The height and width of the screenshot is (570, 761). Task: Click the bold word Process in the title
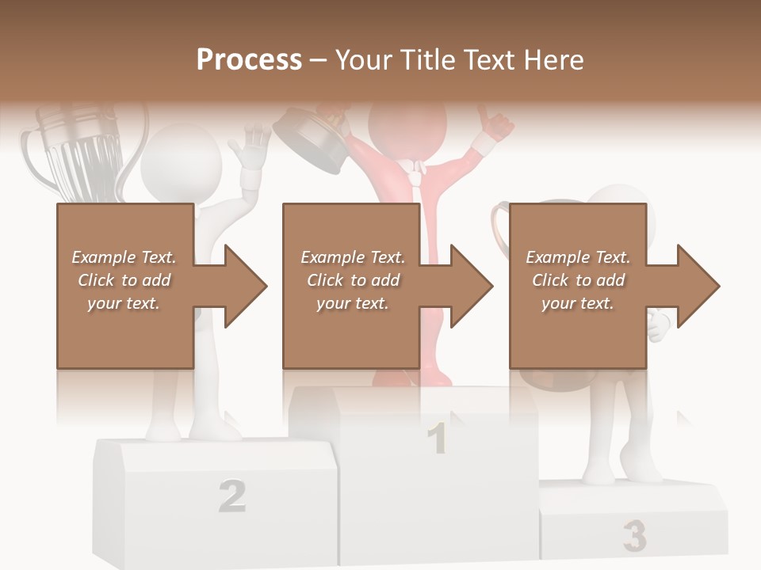coord(249,60)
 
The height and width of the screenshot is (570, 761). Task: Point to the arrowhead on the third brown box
coord(696,286)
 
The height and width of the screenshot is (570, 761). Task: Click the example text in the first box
coord(124,280)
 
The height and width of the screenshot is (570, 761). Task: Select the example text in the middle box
coord(352,280)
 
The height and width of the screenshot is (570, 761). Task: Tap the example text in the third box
coord(578,280)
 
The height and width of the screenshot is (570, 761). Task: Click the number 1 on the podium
coord(437,439)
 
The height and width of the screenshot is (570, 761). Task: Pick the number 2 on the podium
coord(231,496)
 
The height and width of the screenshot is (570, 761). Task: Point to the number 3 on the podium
coord(633,536)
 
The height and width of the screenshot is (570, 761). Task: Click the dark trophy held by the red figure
coord(309,142)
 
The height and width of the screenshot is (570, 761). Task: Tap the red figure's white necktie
coord(413,178)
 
